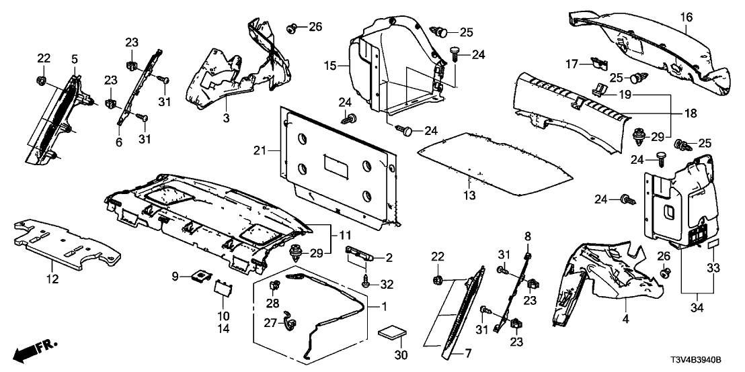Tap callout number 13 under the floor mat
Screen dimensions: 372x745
469,195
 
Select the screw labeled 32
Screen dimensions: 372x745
364,283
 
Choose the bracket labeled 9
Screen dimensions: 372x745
200,275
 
